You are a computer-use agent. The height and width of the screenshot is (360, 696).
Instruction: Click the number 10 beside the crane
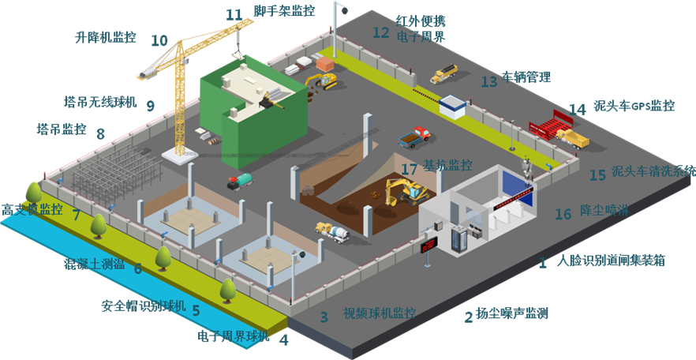159,40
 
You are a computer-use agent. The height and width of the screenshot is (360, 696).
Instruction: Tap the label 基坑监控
447,167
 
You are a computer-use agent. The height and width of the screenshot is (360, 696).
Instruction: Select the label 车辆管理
526,78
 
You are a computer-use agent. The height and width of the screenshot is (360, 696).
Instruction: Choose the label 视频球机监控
379,313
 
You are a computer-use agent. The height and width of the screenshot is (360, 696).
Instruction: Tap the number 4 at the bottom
284,341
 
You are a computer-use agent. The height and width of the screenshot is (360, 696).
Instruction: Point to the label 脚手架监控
283,11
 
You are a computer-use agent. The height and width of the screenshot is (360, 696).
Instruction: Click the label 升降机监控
104,36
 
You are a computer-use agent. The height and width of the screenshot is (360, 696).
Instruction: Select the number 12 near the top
381,32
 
